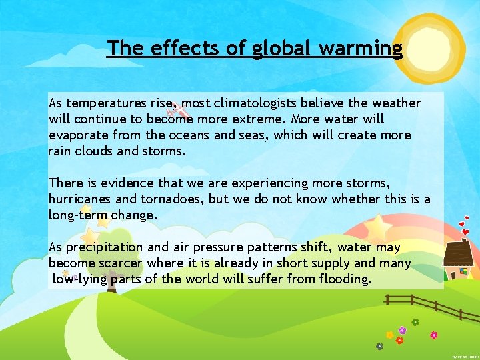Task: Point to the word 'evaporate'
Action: [77, 135]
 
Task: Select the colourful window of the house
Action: [463, 271]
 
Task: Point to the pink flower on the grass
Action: [434, 335]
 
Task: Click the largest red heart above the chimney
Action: [465, 232]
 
